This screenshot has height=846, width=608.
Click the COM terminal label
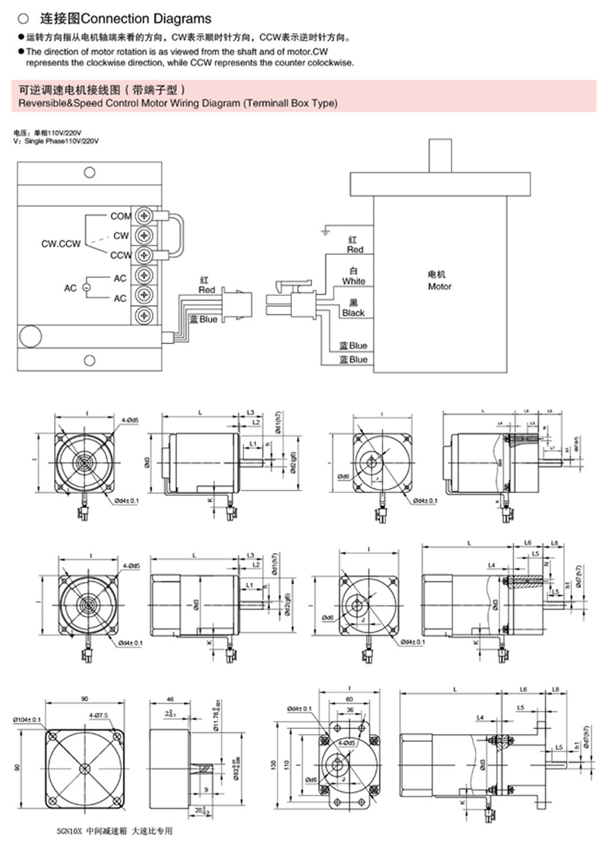(121, 217)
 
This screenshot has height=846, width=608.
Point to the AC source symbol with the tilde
(85, 288)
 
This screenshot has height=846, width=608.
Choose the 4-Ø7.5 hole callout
(100, 716)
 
